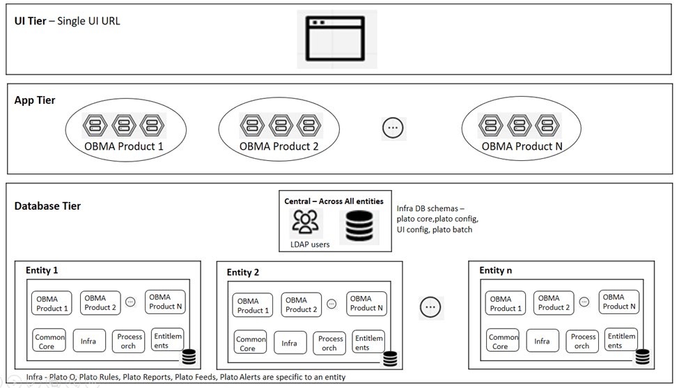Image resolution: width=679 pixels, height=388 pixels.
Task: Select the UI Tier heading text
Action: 68,21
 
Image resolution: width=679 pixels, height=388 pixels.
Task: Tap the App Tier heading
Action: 35,100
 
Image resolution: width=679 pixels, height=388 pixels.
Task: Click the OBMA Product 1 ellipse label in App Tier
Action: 124,146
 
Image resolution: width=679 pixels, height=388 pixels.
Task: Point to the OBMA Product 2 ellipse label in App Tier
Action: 279,146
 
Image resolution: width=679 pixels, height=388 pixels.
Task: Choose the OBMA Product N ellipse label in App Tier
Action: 522,146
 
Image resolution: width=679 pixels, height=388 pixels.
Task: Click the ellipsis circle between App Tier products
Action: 393,127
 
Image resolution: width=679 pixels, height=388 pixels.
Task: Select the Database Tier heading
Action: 47,206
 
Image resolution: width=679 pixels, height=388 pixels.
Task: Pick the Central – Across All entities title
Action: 334,201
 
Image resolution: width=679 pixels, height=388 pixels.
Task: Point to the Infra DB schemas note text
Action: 437,219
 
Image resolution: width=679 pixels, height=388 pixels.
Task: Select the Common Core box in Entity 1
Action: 49,341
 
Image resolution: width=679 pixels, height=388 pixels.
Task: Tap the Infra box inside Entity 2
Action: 289,343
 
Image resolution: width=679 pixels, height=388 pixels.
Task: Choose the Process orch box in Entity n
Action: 583,341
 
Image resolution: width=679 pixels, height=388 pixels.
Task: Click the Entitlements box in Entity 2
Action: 368,343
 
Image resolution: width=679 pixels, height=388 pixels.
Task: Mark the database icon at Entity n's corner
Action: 641,357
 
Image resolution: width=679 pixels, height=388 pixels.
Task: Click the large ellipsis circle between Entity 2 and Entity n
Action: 430,307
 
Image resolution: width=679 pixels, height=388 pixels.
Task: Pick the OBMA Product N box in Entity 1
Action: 166,302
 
